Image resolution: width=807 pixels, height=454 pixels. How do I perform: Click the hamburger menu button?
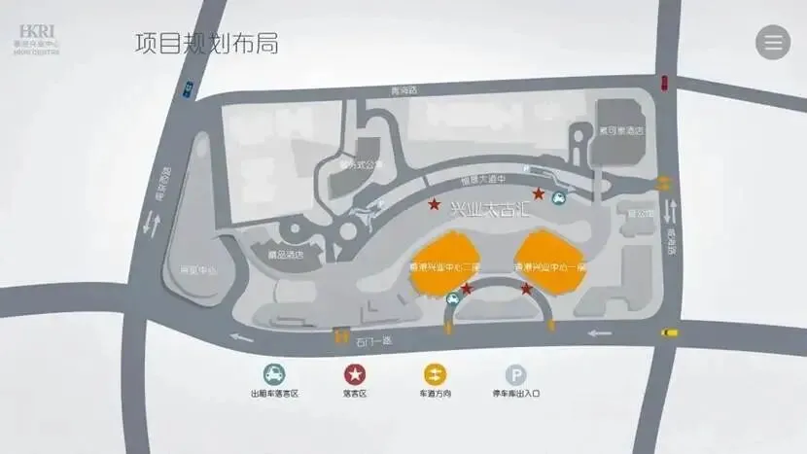(773, 43)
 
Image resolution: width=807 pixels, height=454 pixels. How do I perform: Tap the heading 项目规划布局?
(206, 44)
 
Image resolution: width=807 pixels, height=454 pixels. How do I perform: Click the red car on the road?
(664, 81)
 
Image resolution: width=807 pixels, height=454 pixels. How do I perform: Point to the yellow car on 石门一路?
(669, 332)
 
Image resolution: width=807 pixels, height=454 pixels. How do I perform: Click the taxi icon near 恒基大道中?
(560, 200)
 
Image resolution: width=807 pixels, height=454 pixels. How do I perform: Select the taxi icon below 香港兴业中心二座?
(453, 300)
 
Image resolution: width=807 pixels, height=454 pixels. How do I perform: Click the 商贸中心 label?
(184, 270)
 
